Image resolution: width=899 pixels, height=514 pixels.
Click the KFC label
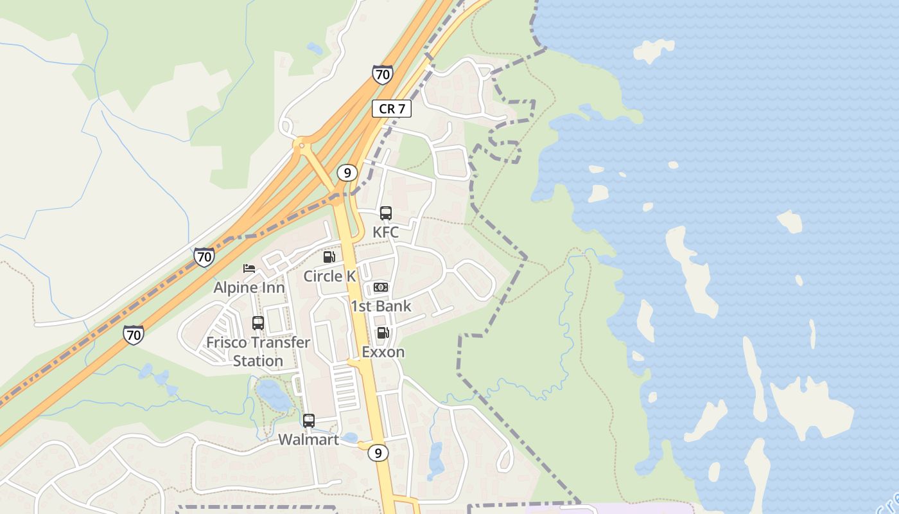[385, 233]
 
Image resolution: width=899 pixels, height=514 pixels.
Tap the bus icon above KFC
[386, 213]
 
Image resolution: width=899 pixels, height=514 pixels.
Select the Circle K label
[329, 276]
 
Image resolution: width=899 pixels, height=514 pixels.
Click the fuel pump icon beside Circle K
[329, 257]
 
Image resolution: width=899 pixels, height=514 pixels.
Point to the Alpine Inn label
[249, 287]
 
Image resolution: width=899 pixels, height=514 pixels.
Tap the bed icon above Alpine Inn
[249, 269]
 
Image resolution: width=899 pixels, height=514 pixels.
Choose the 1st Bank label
[381, 306]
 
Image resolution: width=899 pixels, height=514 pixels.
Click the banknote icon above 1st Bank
[381, 287]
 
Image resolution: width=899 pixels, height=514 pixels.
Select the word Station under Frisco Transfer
[258, 361]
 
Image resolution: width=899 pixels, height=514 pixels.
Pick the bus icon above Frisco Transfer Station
[258, 323]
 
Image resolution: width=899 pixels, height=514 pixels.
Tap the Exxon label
[383, 352]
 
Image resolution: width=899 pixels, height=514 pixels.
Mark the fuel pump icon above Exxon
[383, 333]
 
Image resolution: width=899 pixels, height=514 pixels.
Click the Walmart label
[309, 440]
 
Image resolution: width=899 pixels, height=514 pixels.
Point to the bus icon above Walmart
[309, 421]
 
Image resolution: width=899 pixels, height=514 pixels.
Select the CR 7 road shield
[392, 109]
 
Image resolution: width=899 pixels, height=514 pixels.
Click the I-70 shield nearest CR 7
[382, 75]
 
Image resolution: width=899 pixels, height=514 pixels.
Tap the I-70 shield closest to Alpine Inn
[204, 258]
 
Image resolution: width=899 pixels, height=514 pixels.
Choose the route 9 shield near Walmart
[378, 453]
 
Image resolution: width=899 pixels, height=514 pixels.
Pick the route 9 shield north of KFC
[347, 173]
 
